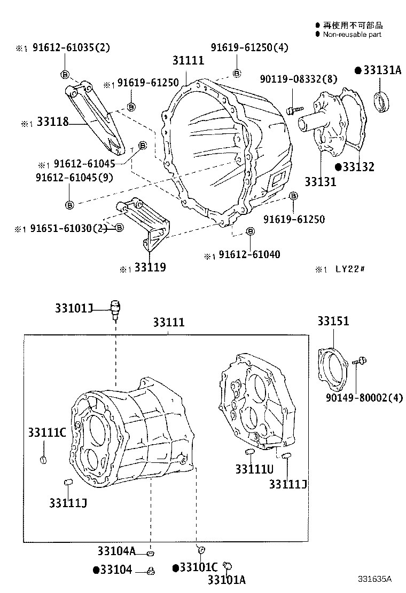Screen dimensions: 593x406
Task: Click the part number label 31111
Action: pyautogui.click(x=188, y=60)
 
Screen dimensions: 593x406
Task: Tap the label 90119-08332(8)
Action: pyautogui.click(x=299, y=79)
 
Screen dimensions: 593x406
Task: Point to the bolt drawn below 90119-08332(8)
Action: pyautogui.click(x=292, y=110)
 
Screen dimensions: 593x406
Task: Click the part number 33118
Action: pyautogui.click(x=52, y=122)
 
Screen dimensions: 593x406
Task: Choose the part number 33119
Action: pyautogui.click(x=150, y=267)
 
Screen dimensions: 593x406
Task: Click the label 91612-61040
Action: pyautogui.click(x=248, y=255)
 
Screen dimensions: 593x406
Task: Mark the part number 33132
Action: pyautogui.click(x=358, y=167)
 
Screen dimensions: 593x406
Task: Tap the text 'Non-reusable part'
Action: pyautogui.click(x=352, y=34)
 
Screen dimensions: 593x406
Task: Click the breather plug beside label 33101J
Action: pyautogui.click(x=115, y=308)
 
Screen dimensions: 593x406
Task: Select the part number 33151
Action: pyautogui.click(x=333, y=321)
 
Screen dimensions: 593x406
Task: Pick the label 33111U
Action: pyautogui.click(x=254, y=468)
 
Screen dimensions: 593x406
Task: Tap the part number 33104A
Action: pyautogui.click(x=116, y=551)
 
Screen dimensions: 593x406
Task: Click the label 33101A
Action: pyautogui.click(x=226, y=580)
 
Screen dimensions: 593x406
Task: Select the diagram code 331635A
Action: pyautogui.click(x=374, y=579)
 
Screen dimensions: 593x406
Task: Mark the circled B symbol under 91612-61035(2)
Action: pyautogui.click(x=65, y=74)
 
